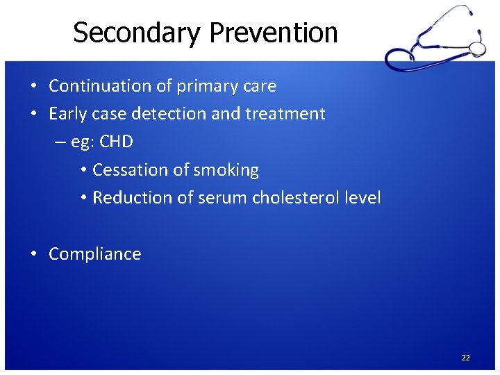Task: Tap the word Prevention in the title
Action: pos(274,33)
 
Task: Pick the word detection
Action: pos(169,114)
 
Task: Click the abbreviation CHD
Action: pos(116,142)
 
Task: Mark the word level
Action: pos(363,198)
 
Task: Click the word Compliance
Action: pos(94,254)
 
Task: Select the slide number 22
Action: pos(465,358)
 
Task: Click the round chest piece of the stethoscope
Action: pos(477,48)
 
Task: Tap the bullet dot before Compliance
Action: pos(33,254)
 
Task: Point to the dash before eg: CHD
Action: pos(60,142)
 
